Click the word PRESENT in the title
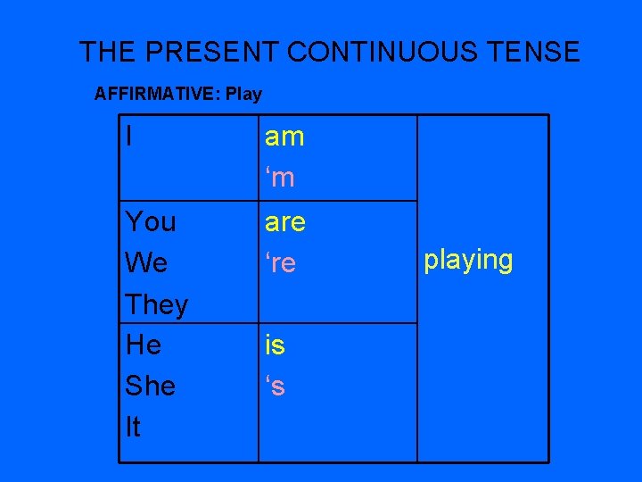tap(210, 52)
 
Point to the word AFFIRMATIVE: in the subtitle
tap(158, 94)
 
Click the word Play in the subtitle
tap(244, 94)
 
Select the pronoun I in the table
tap(131, 137)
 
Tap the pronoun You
tap(151, 221)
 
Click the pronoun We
tap(146, 263)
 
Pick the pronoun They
tap(156, 304)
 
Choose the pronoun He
tap(144, 345)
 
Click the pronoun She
tap(150, 386)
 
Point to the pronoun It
tap(133, 428)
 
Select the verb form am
tap(284, 137)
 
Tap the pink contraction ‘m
tap(279, 179)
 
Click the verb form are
tap(284, 221)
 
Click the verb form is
tap(274, 345)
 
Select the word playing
tap(468, 261)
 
